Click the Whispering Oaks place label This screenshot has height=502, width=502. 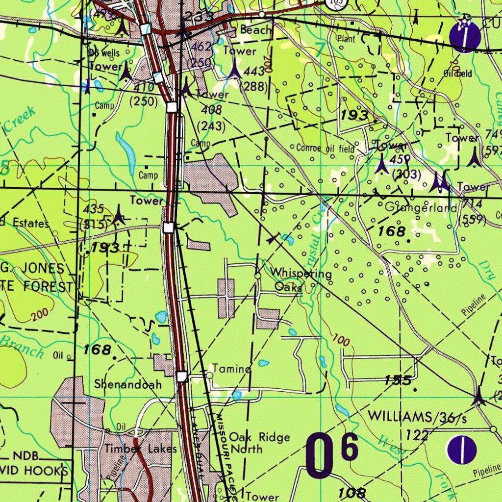click(300, 280)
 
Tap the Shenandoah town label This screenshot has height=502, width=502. click(128, 384)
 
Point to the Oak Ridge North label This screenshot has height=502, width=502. click(259, 443)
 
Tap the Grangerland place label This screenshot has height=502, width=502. click(421, 208)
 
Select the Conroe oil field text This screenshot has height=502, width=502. click(325, 148)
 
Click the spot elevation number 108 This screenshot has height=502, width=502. click(351, 493)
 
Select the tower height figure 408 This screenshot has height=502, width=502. click(212, 110)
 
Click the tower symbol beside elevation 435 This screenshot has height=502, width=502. click(119, 216)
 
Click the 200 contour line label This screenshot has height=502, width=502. click(39, 316)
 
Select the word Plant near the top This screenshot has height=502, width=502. click(346, 39)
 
